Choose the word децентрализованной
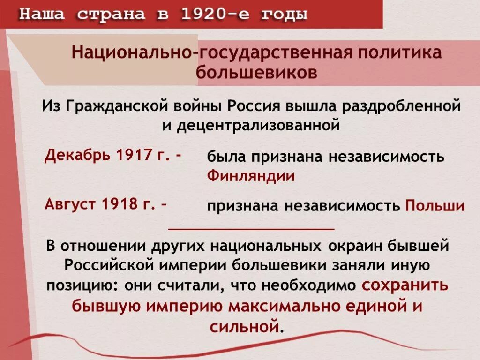pos(258,126)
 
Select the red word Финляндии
pos(251,176)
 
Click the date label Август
pos(68,204)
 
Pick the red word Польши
pos(435,206)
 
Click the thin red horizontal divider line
pos(251,229)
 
